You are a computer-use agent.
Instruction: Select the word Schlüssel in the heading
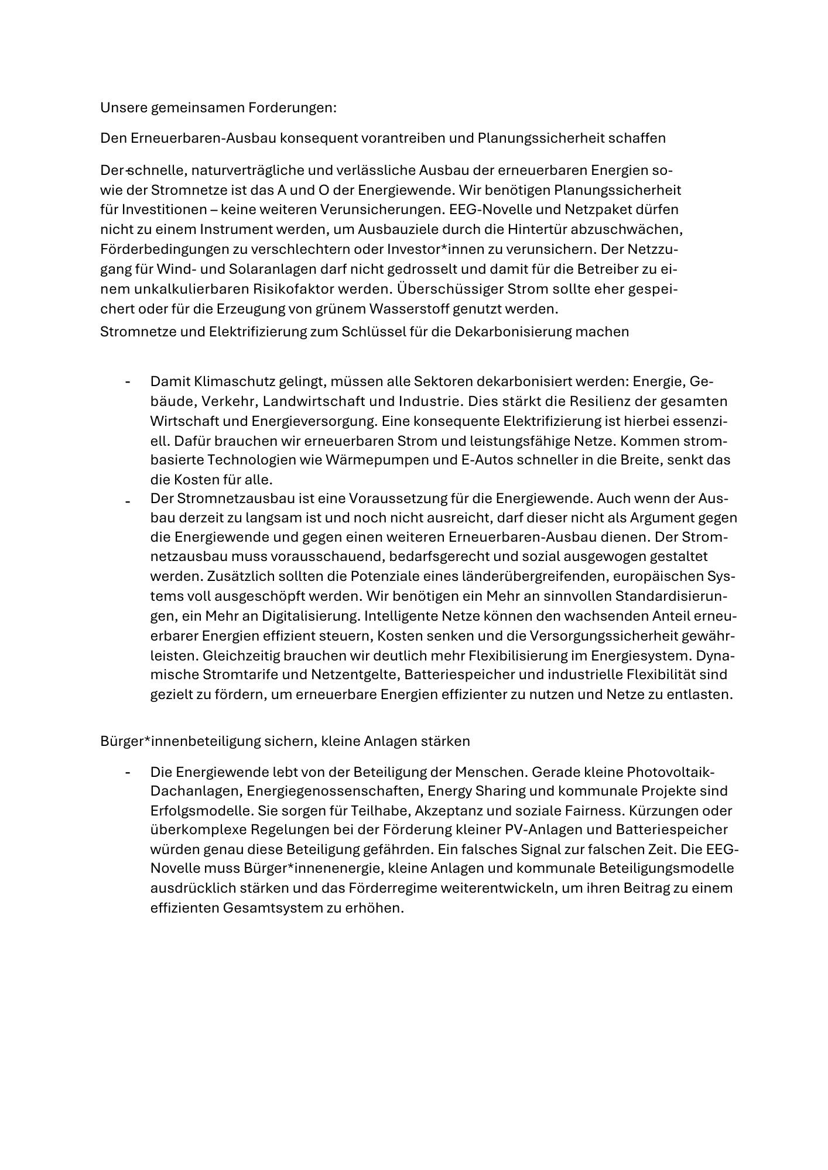click(362, 332)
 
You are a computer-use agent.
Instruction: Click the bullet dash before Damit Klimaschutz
click(127, 382)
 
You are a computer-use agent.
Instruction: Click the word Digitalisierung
click(310, 616)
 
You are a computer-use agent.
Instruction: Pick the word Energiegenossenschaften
click(334, 791)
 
